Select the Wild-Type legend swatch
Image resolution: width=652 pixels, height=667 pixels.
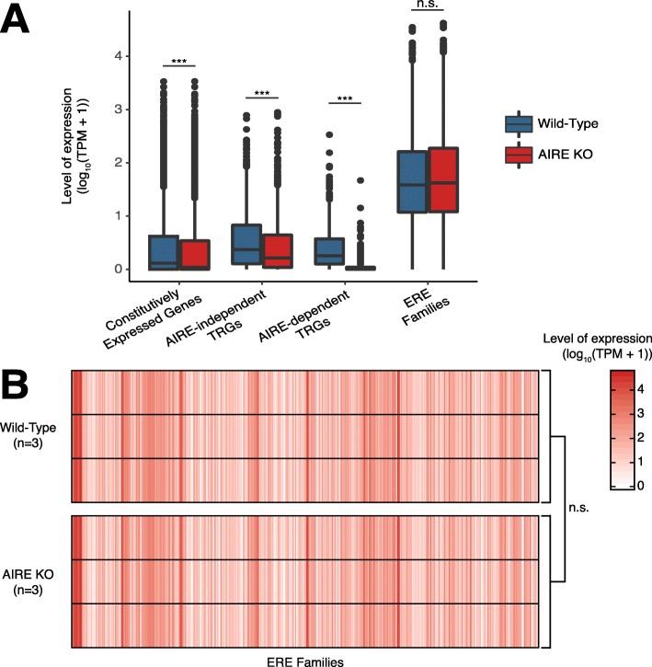[x=521, y=126]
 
